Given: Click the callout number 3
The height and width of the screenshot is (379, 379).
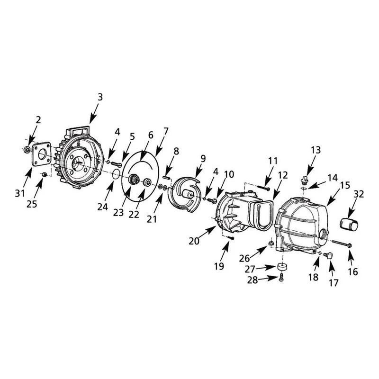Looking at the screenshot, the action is coord(100,97).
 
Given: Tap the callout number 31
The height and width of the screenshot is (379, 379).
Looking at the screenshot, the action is coord(20,193).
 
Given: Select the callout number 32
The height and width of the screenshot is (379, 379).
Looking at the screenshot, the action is coord(359,194).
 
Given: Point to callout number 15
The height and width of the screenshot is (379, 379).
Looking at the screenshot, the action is coord(345,185).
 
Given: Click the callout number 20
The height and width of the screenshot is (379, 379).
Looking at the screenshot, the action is coord(194,241).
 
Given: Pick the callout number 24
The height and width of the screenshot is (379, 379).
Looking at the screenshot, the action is coord(102,207).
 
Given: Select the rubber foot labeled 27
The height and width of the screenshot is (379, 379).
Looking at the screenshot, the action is coord(282,267).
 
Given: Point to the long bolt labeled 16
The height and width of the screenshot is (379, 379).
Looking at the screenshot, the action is coord(342,243).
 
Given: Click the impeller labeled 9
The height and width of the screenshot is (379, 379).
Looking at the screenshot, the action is coord(185,192).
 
